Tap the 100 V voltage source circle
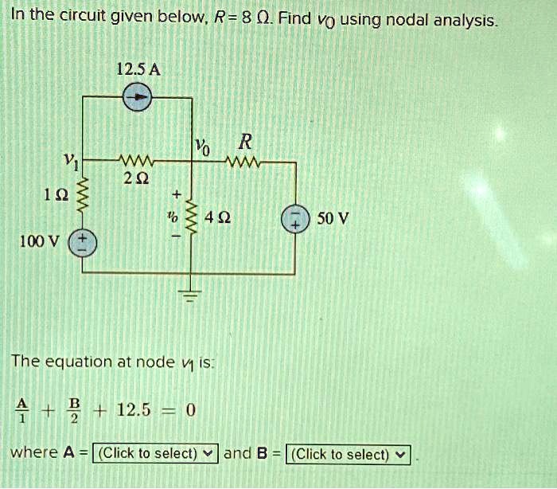pos(82,244)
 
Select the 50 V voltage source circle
pos(295,219)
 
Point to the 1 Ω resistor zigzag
pos(83,195)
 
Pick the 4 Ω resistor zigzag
pos(192,217)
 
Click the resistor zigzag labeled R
pos(243,162)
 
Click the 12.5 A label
pos(138,70)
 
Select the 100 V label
pos(39,241)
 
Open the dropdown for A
pos(155,453)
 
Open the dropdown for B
pos(349,455)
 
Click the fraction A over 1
pos(22,410)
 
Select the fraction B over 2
pos(75,411)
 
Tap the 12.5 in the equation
pos(134,410)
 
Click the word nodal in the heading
pos(407,20)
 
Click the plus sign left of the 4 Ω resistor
pos(176,194)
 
